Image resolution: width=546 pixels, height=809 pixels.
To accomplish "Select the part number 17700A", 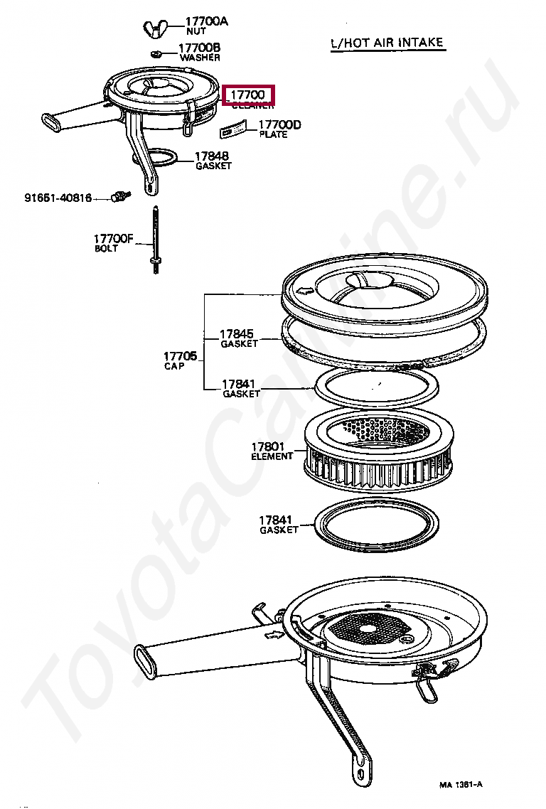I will tap(207, 22).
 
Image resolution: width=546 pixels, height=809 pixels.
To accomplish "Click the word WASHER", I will tap(200, 58).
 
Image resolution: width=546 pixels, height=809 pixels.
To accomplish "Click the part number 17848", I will tap(213, 156).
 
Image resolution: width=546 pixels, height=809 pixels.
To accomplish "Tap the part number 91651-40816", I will tap(58, 198).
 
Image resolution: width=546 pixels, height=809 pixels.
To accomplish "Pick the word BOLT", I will tap(106, 249).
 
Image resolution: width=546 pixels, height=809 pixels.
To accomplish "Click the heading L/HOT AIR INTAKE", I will tap(387, 43).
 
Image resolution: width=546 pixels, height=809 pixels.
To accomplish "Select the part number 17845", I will tap(236, 333).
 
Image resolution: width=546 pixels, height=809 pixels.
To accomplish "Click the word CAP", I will tap(174, 366).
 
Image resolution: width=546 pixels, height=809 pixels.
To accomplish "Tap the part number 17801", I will tap(267, 447).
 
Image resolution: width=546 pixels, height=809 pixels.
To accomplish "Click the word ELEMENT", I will tap(272, 456).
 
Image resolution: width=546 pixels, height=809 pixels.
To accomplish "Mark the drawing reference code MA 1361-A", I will tap(461, 785).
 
